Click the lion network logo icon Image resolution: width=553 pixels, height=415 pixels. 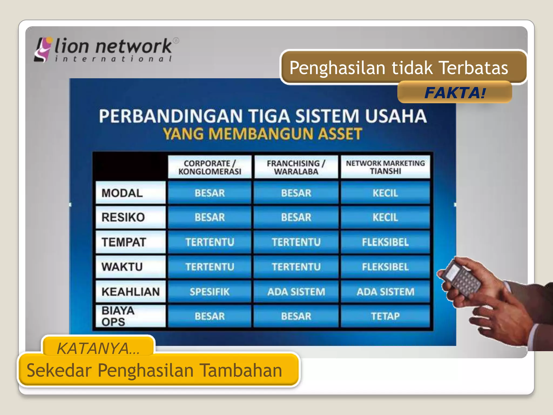pyautogui.click(x=43, y=50)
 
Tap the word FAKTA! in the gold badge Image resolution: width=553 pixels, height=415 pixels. pyautogui.click(x=455, y=93)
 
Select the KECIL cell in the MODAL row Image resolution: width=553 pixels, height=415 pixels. pyautogui.click(x=385, y=193)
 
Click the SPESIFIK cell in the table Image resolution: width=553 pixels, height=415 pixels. pyautogui.click(x=210, y=292)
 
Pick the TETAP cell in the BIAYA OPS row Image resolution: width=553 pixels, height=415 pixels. pyautogui.click(x=385, y=316)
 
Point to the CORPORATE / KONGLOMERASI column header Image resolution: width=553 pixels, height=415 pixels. pyautogui.click(x=210, y=167)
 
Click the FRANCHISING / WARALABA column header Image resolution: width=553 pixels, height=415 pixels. pyautogui.click(x=296, y=167)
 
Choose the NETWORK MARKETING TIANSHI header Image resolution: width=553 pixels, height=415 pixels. pyautogui.click(x=385, y=167)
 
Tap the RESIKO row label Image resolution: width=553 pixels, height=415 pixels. pyautogui.click(x=123, y=217)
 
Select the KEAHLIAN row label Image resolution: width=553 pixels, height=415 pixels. pyautogui.click(x=131, y=292)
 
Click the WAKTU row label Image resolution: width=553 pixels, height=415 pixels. pyautogui.click(x=122, y=267)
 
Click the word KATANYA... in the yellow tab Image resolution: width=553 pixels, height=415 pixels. pyautogui.click(x=98, y=348)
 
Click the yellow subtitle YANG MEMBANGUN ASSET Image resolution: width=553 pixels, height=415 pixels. pyautogui.click(x=262, y=134)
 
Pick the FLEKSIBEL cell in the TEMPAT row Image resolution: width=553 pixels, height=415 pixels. pyautogui.click(x=385, y=242)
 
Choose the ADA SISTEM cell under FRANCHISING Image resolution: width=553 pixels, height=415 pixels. pyautogui.click(x=296, y=292)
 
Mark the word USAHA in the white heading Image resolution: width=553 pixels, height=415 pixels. pyautogui.click(x=396, y=116)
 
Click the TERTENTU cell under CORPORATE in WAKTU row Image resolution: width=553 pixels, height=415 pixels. pyautogui.click(x=210, y=267)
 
